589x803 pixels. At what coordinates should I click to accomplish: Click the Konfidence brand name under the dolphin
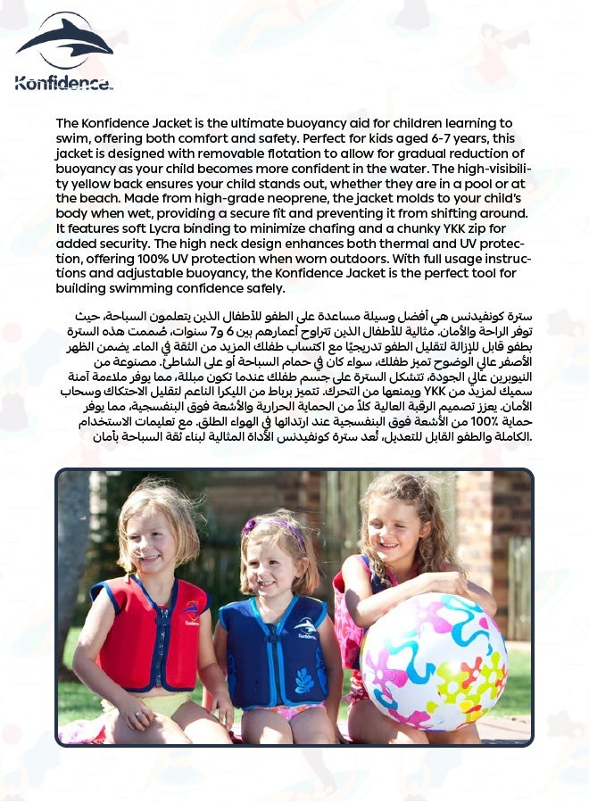tap(63, 83)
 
